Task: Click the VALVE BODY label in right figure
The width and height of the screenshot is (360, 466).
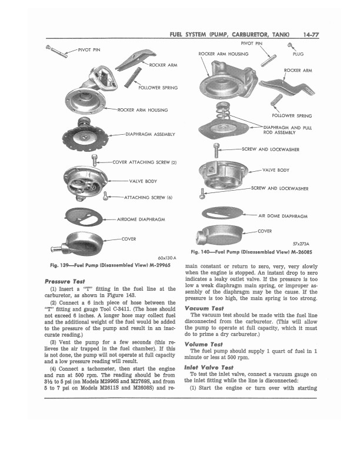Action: click(x=275, y=170)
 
